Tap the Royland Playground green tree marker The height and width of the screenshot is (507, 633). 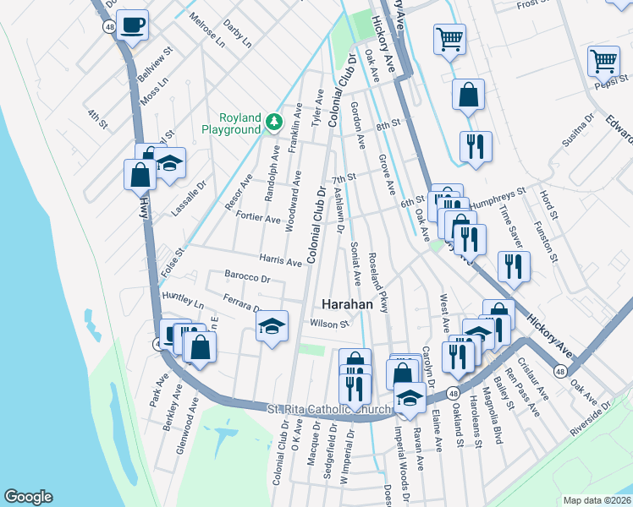pos(273,123)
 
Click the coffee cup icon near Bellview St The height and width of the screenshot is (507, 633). pos(132,25)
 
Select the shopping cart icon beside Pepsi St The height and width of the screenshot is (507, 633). pos(603,60)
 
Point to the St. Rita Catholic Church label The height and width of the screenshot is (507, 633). pos(330,410)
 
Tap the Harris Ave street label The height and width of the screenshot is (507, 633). pos(281,262)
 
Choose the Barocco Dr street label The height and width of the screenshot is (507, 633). pos(247,276)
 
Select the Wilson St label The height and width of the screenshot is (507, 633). pos(329,323)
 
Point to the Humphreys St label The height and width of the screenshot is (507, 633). pos(497,195)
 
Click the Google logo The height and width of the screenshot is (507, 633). pos(28,497)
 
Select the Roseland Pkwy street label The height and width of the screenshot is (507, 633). pos(378,282)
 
